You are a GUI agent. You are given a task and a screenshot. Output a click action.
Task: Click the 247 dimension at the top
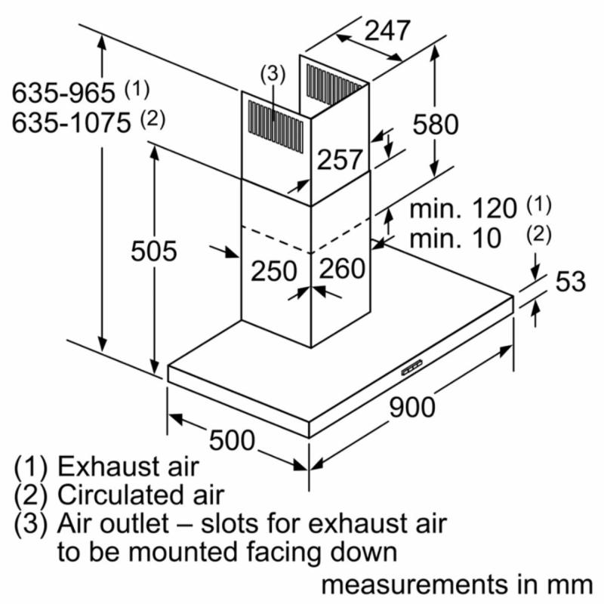pos(387,31)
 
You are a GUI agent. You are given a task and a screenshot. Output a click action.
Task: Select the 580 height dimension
pos(436,124)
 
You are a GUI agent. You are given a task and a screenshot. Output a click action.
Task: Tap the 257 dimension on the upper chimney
pos(340,159)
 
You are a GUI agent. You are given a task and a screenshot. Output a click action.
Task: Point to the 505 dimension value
pos(154,251)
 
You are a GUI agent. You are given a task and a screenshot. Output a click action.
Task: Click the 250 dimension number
pos(274,271)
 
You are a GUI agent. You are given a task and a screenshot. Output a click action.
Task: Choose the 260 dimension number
pos(343,268)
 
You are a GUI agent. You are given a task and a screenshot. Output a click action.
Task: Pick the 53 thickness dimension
pos(571,281)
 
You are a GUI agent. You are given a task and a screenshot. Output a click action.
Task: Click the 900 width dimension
pos(412,407)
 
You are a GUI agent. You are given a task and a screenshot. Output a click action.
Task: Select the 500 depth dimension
pos(232,440)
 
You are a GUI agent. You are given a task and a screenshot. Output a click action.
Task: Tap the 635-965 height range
pos(63,92)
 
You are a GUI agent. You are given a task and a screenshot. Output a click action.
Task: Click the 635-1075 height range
pos(71,123)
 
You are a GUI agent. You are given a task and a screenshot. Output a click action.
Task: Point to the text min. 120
pos(463,208)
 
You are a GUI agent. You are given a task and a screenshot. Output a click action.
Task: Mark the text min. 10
pos(455,238)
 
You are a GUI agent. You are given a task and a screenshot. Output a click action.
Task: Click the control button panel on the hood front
pos(411,368)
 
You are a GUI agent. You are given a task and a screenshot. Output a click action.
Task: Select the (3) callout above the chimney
pos(273,74)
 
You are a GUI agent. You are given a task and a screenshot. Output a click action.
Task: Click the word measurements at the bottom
pos(414,584)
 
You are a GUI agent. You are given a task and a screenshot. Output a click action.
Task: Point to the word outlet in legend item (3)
pos(137,523)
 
